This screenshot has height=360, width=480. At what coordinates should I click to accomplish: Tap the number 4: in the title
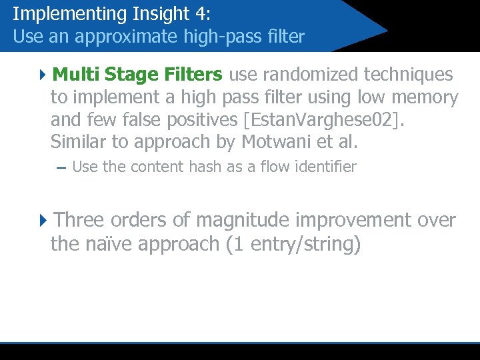coord(198,14)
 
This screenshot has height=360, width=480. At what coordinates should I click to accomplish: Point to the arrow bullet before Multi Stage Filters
coord(43,74)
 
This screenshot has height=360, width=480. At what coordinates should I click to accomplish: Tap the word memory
coord(423,97)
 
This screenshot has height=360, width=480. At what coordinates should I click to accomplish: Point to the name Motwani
coord(276,143)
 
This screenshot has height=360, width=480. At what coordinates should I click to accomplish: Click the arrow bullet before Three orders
coord(43,220)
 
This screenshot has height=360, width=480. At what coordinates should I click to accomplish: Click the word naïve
coord(104,244)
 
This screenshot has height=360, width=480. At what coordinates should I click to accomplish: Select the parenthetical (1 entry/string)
coord(293,244)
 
